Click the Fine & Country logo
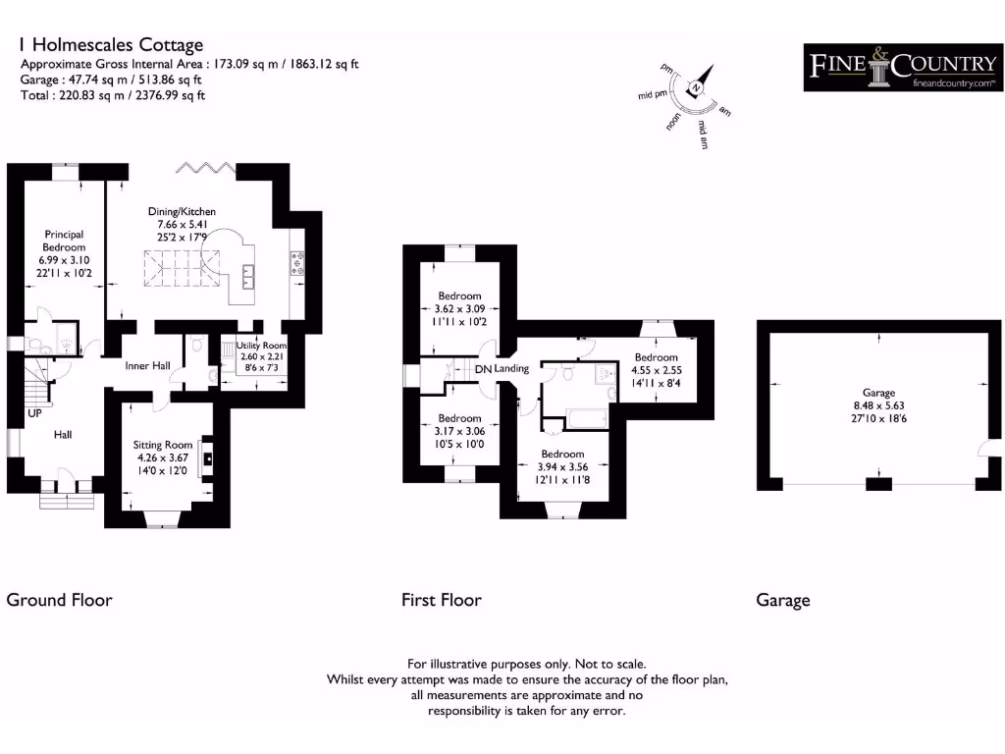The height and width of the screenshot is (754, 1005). click(x=903, y=68)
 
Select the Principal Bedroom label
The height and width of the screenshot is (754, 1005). click(x=64, y=241)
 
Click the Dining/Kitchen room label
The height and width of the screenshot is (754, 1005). click(x=182, y=211)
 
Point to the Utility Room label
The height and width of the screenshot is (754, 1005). click(x=261, y=345)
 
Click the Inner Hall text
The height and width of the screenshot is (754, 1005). click(x=147, y=365)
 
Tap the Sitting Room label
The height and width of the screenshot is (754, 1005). click(x=163, y=445)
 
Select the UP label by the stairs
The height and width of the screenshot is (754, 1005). click(x=34, y=413)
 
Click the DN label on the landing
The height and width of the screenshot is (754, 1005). click(x=483, y=369)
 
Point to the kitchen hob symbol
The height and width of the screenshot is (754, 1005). click(x=297, y=263)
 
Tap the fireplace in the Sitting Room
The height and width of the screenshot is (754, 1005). click(x=206, y=458)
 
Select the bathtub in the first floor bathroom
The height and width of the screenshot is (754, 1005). click(x=586, y=420)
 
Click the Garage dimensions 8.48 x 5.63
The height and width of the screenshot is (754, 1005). click(x=878, y=405)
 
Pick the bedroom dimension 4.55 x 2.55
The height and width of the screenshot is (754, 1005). click(x=657, y=370)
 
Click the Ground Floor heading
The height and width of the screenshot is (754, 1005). click(x=60, y=600)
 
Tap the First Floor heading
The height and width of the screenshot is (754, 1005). click(x=442, y=600)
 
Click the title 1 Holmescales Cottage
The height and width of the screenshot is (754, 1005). click(x=112, y=45)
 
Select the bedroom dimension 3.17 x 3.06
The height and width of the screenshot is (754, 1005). click(x=459, y=431)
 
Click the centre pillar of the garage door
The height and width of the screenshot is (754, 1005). click(x=878, y=484)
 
